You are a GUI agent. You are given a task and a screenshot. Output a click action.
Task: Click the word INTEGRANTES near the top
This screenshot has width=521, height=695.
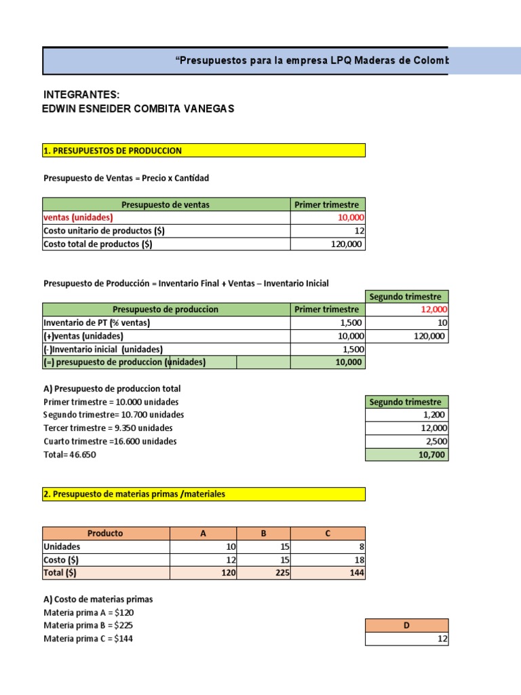(81, 94)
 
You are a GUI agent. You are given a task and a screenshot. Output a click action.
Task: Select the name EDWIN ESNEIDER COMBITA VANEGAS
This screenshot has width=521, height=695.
(138, 109)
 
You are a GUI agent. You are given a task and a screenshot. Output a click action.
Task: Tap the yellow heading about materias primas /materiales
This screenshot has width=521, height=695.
(134, 494)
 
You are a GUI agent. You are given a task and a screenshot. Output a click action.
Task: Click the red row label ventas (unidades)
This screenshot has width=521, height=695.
(78, 217)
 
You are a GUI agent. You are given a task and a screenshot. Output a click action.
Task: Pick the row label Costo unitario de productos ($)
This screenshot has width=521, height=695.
(104, 231)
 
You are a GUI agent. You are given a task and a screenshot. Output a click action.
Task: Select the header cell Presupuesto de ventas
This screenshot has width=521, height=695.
(166, 204)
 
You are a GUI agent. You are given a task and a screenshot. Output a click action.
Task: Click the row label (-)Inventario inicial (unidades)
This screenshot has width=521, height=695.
(103, 350)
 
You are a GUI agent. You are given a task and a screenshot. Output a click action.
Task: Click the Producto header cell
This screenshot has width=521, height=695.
(106, 533)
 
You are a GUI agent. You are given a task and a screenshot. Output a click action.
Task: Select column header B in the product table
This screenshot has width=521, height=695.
(264, 533)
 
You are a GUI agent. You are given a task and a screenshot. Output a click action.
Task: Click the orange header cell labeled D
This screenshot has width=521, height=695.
(406, 626)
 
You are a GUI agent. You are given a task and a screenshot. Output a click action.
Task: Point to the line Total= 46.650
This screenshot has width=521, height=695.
(70, 455)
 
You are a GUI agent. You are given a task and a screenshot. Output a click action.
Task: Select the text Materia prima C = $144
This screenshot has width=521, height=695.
(88, 639)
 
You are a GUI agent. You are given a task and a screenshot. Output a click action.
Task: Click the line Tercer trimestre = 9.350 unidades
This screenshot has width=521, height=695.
(108, 428)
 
